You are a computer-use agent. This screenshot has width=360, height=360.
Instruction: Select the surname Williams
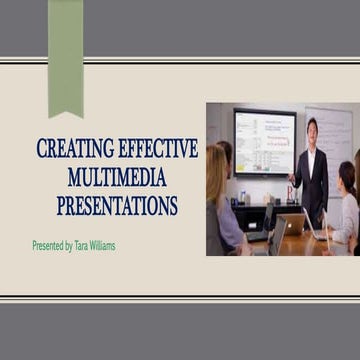point(100,245)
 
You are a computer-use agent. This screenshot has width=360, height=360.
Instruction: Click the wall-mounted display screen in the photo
point(264,141)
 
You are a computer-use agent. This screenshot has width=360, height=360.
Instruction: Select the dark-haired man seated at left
point(228,160)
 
